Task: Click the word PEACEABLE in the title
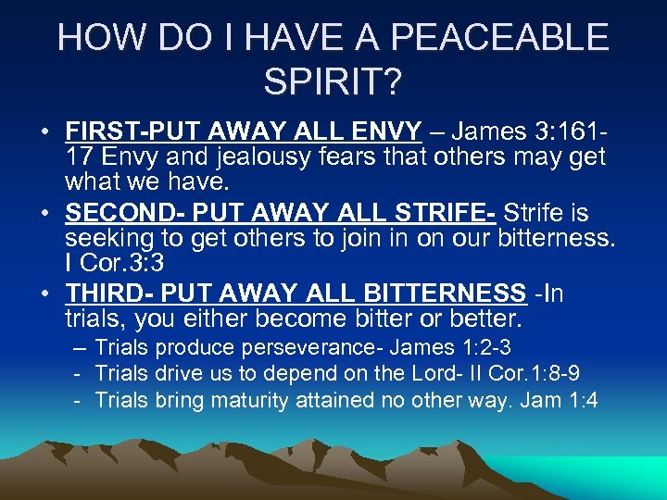coord(501,38)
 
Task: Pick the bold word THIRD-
coord(104,294)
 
